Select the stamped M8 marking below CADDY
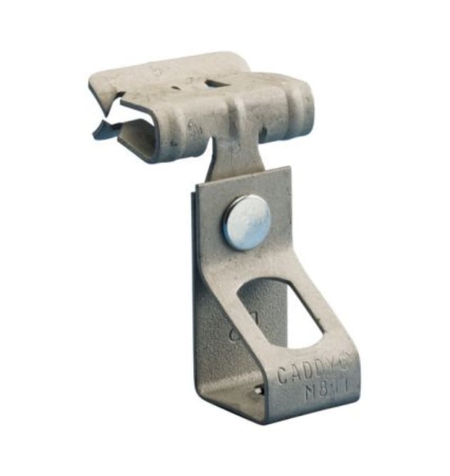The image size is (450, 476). pyautogui.click(x=325, y=389)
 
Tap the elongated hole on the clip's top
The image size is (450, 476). pyautogui.click(x=217, y=84)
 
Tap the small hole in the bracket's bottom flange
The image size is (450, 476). pyautogui.click(x=257, y=389)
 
